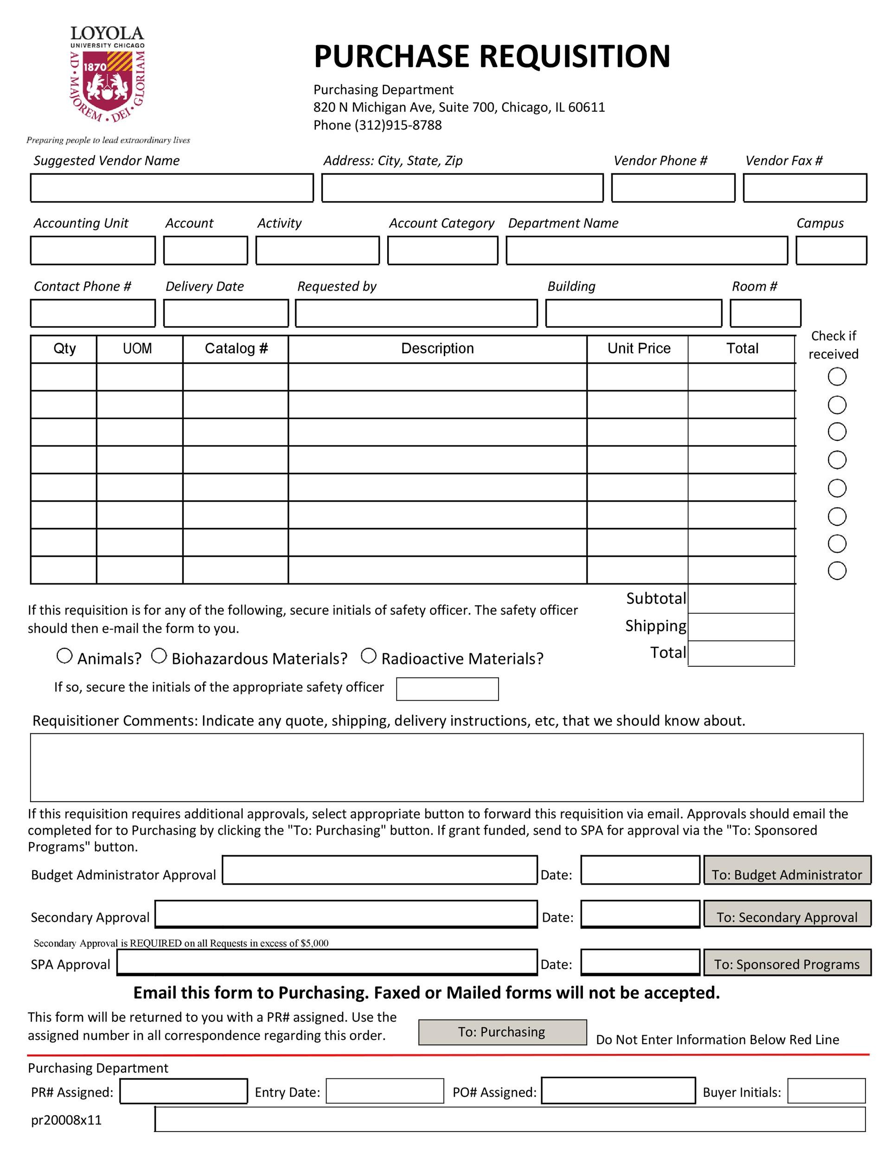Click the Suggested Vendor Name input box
point(172,188)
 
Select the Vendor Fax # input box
point(805,188)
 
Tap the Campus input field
point(831,250)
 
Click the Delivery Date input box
point(225,313)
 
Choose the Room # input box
point(765,313)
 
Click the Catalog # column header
point(236,349)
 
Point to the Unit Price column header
point(639,349)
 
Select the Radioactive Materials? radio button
point(368,656)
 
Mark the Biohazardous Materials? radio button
point(159,656)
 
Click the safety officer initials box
point(447,689)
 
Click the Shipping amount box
point(741,627)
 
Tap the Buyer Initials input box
point(826,1091)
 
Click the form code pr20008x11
point(66,1120)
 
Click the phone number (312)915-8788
point(398,125)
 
